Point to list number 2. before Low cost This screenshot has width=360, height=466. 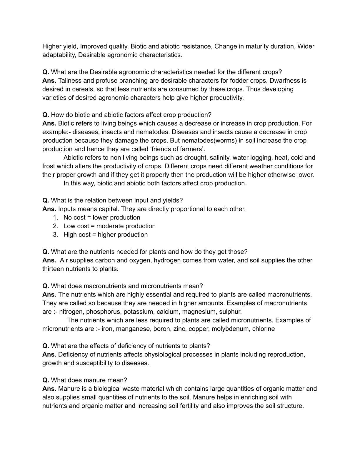[x=56, y=226]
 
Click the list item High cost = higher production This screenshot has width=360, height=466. [x=105, y=235]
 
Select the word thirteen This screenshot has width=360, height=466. [x=53, y=269]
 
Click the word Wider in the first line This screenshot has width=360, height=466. [x=306, y=46]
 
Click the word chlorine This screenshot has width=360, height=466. [x=264, y=329]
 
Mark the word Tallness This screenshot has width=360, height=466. [x=70, y=81]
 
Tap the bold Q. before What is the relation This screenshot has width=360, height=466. [x=46, y=201]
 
